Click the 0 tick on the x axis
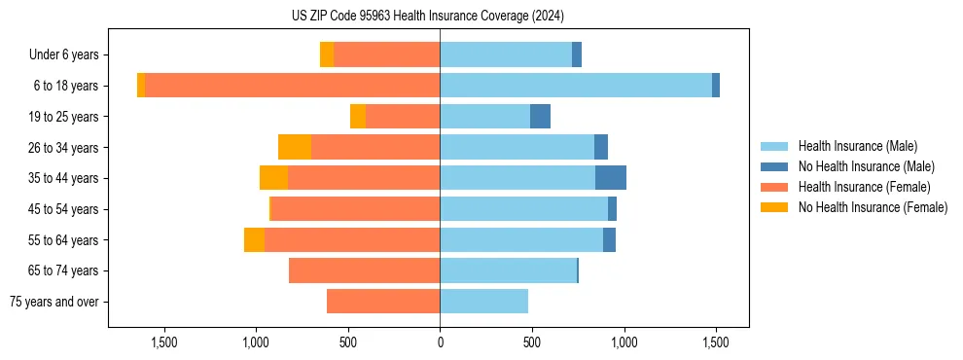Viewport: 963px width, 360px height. [x=440, y=342]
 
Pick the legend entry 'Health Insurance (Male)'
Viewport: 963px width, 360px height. [x=857, y=146]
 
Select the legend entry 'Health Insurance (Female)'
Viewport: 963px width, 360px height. [x=864, y=187]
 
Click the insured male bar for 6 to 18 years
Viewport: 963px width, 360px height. [x=576, y=86]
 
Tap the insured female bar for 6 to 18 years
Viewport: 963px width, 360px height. [x=292, y=86]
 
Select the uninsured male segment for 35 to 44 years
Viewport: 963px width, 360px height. [x=611, y=178]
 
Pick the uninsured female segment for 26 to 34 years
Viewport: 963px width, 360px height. [x=295, y=147]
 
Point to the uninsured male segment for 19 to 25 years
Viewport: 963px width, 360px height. [x=540, y=117]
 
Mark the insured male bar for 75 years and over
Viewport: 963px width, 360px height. [x=483, y=302]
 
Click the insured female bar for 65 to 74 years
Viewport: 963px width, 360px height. [x=364, y=270]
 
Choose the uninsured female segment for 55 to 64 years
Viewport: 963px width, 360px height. [x=254, y=239]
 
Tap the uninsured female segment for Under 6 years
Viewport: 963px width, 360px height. [x=327, y=55]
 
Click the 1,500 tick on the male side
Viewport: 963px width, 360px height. [x=716, y=342]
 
